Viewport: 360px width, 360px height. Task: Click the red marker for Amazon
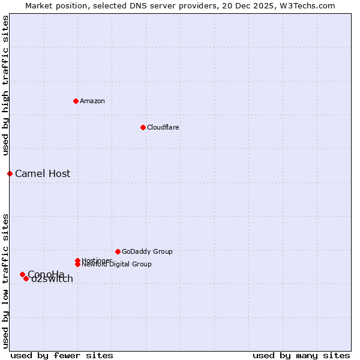coord(76,101)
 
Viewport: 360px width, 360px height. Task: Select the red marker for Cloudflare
coord(143,127)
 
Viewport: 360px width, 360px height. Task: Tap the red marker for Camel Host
coord(10,173)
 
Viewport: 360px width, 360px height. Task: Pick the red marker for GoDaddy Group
coord(118,251)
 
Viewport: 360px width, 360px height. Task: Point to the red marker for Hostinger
coord(77,260)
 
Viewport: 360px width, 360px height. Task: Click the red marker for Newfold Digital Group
coord(77,264)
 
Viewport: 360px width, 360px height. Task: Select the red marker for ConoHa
coord(22,274)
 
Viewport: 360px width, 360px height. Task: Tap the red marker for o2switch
coord(26,278)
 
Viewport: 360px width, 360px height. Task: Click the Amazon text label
coord(92,101)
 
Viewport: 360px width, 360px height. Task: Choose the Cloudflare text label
coord(163,127)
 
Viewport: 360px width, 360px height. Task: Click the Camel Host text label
coord(43,173)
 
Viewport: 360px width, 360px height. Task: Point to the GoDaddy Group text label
coord(147,251)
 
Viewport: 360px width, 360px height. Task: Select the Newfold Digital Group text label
coord(117,265)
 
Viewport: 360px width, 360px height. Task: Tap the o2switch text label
coord(53,279)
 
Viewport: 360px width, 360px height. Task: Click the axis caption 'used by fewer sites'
coord(62,356)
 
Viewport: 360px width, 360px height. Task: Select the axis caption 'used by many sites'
coord(301,356)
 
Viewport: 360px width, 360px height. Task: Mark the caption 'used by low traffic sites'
coord(5,281)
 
